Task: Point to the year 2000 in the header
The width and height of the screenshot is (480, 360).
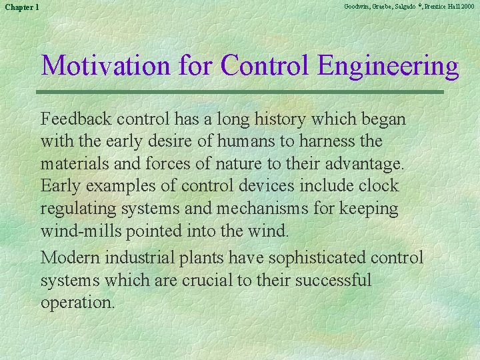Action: pyautogui.click(x=467, y=6)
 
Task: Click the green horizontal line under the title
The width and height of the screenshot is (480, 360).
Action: pyautogui.click(x=242, y=91)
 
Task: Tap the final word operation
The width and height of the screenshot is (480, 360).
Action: pyautogui.click(x=77, y=302)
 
